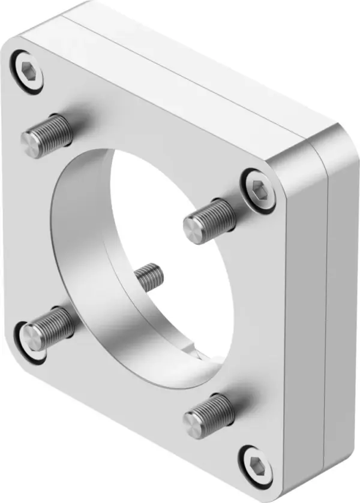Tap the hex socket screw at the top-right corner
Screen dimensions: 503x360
(258, 188)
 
